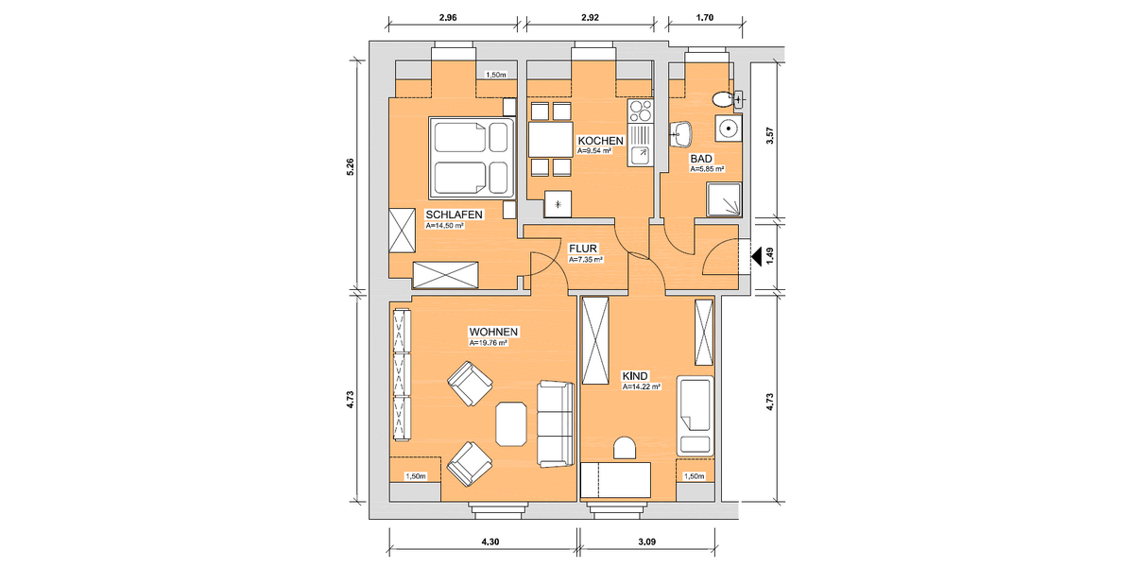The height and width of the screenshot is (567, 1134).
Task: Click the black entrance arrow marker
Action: click(756, 254)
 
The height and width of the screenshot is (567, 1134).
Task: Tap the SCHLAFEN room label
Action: click(455, 215)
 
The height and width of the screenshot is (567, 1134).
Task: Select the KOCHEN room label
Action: click(600, 141)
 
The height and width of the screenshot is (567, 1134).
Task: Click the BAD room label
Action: click(701, 160)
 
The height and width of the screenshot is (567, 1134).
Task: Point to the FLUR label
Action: click(582, 249)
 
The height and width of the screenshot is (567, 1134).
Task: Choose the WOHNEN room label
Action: click(492, 333)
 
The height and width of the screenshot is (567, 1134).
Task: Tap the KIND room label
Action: click(635, 375)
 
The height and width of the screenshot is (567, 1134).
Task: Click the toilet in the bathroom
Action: click(723, 98)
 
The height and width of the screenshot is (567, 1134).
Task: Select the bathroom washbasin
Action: click(679, 134)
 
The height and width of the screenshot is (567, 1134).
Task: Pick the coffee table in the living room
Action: click(511, 423)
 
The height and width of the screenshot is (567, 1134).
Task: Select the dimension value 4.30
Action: click(489, 541)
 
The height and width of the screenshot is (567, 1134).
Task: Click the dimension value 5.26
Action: click(351, 167)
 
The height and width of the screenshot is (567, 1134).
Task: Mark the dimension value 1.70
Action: click(704, 17)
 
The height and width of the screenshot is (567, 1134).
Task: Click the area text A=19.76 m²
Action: click(489, 344)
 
